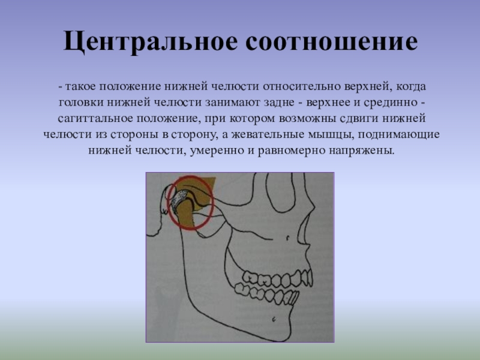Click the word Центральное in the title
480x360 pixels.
pos(151,41)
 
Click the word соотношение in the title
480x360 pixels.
pos(332,41)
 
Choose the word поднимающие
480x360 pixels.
pos(399,135)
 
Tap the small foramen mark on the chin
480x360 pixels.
pos(274,319)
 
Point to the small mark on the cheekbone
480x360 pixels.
pos(288,237)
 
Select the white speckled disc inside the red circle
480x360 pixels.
pos(178,199)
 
